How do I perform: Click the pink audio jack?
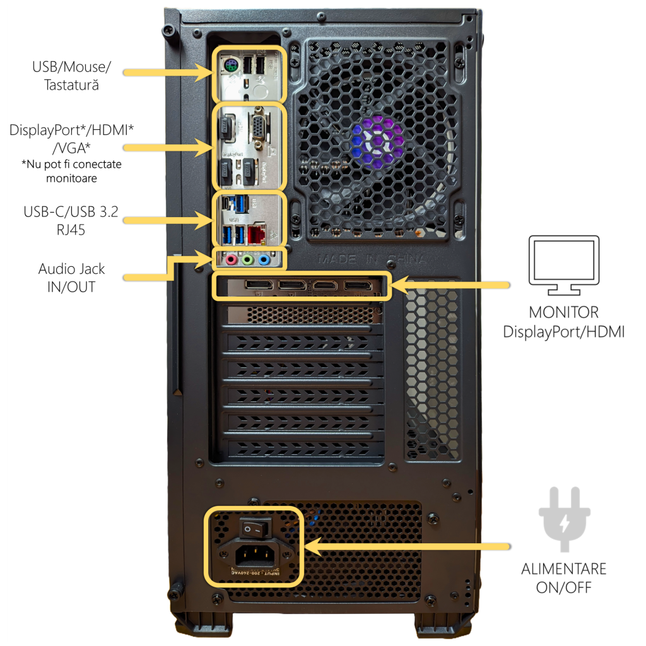click(x=232, y=259)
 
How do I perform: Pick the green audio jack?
click(x=247, y=259)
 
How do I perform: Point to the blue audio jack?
click(x=264, y=259)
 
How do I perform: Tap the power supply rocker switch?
click(x=254, y=529)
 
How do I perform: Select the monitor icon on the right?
click(x=563, y=266)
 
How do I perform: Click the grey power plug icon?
click(x=563, y=518)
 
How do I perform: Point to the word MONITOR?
click(x=563, y=312)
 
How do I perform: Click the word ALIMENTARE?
click(x=563, y=568)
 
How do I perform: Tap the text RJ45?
click(x=69, y=230)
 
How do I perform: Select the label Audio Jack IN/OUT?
click(x=71, y=278)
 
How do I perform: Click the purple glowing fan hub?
click(x=377, y=138)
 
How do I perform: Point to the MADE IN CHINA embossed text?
click(x=372, y=259)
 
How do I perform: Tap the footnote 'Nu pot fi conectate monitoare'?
click(x=72, y=171)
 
